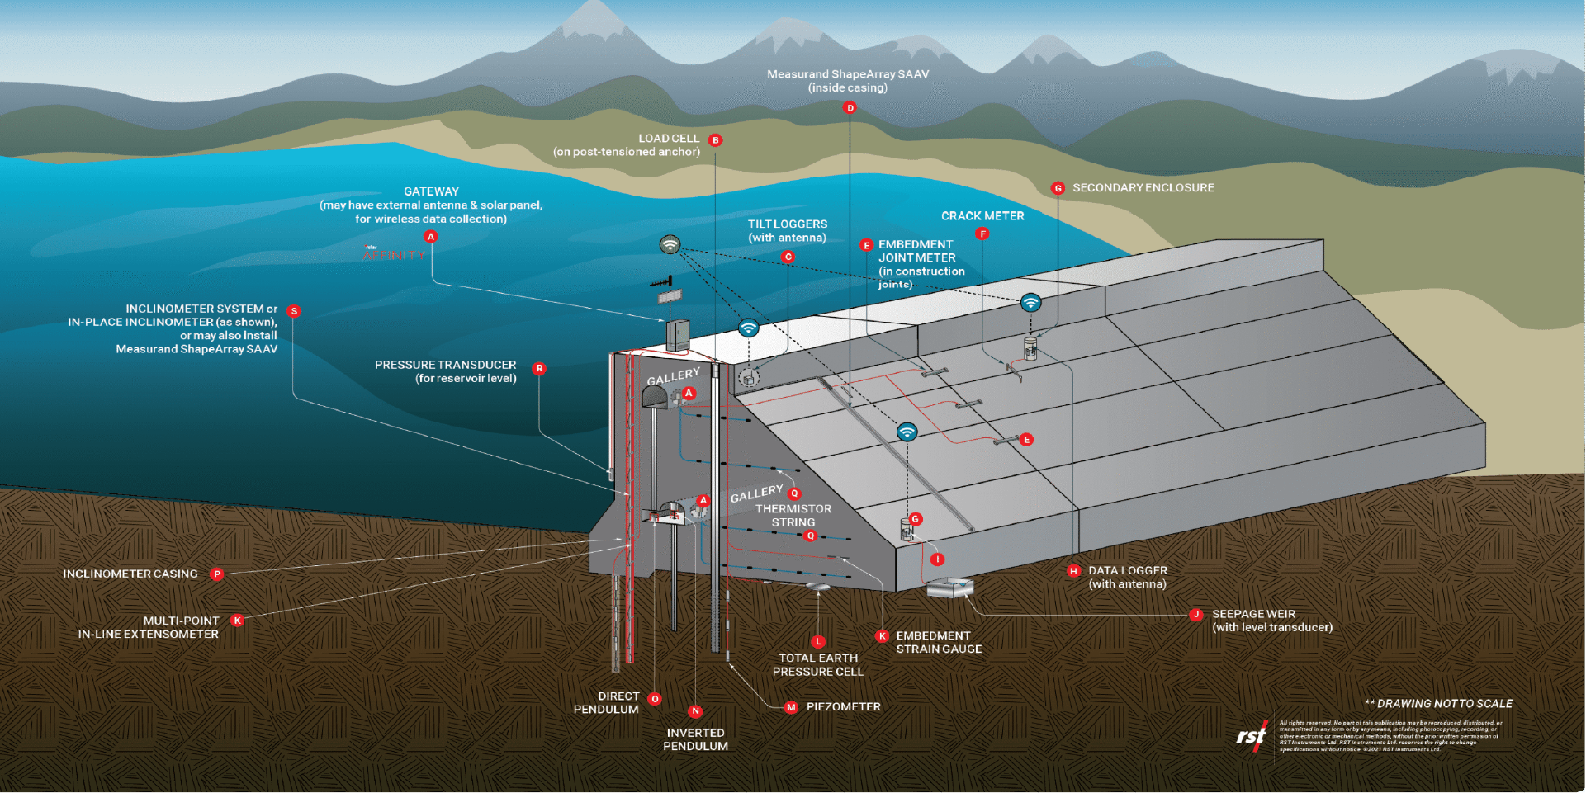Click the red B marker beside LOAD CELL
716,140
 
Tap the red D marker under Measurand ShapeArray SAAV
850,107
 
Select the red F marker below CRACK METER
982,234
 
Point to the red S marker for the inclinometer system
294,311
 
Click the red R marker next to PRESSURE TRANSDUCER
539,369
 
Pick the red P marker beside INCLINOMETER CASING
217,574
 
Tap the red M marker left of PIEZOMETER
791,707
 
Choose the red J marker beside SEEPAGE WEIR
1195,615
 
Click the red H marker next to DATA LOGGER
1073,571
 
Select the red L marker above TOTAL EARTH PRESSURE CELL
818,641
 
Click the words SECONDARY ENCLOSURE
1143,188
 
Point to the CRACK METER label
982,216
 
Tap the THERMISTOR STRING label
793,516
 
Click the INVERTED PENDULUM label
695,739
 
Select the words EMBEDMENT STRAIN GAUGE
939,642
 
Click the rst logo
1251,735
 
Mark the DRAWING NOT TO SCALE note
1438,704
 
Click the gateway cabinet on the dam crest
678,335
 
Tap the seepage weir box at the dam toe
950,588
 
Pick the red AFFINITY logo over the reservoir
394,254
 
